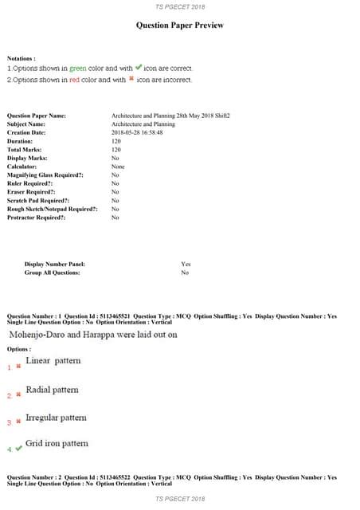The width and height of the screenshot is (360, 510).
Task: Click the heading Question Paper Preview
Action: coord(180,25)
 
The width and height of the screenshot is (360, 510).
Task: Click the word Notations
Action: coord(21,58)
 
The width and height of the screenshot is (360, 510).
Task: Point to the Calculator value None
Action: coord(118,166)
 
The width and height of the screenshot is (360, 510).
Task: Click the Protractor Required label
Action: coord(37,217)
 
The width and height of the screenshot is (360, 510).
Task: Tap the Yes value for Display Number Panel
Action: coord(186,264)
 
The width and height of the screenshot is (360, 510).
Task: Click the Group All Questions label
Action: coord(52,273)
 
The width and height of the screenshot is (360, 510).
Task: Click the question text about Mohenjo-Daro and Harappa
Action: coord(92,335)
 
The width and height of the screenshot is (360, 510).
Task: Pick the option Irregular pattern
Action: coord(56,418)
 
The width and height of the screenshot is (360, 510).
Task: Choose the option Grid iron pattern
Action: coord(57,443)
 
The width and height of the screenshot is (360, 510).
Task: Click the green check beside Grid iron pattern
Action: coord(19,449)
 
